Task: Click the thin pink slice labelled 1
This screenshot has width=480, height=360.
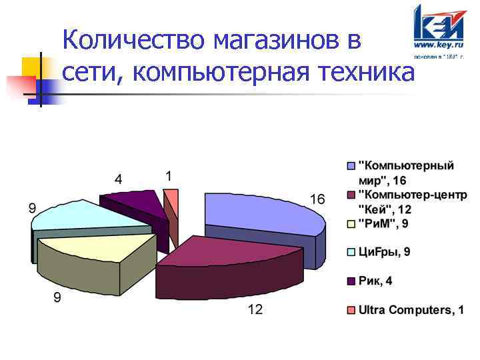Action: [171, 198]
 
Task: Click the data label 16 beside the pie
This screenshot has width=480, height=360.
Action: [317, 199]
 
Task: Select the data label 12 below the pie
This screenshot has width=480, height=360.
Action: [255, 309]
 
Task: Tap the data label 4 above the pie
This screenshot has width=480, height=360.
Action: [118, 179]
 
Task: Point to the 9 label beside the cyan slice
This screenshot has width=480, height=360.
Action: [31, 208]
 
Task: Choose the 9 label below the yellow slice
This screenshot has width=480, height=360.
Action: [57, 298]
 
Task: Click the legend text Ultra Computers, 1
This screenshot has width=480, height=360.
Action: [411, 311]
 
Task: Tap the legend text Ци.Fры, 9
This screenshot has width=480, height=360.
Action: [385, 251]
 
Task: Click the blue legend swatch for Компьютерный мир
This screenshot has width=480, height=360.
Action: [351, 165]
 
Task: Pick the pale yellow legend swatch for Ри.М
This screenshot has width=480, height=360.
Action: [351, 223]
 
